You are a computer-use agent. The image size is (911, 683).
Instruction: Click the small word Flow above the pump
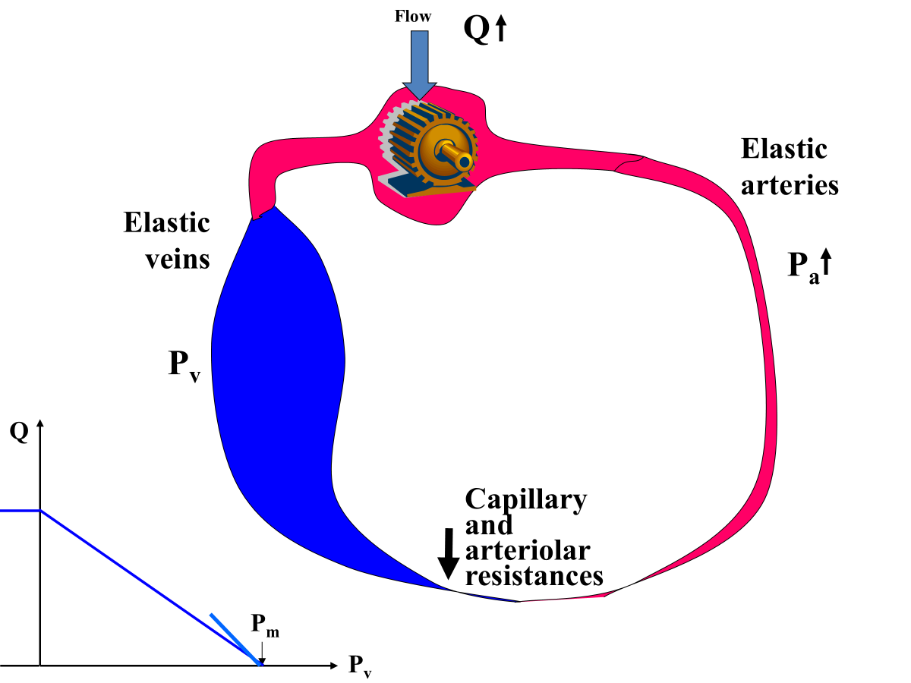413,16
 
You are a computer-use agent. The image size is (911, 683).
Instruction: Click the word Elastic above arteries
783,149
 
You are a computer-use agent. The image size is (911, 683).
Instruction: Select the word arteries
790,185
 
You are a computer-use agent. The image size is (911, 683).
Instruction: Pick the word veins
167,259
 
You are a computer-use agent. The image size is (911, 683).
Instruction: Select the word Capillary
525,499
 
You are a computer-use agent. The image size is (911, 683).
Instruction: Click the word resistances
534,575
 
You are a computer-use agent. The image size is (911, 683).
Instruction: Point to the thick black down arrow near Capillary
449,553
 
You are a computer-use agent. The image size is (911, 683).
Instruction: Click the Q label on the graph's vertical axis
19,433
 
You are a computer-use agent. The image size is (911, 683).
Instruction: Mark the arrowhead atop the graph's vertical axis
40,423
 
